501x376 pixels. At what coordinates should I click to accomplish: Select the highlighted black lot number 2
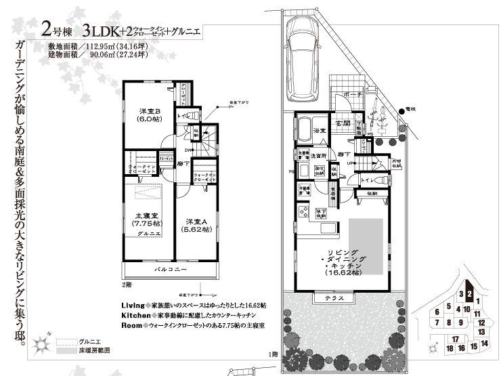coord(469,294)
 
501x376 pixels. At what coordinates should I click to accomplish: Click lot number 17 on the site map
coord(456,339)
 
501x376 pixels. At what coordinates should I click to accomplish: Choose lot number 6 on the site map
coord(438,312)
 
